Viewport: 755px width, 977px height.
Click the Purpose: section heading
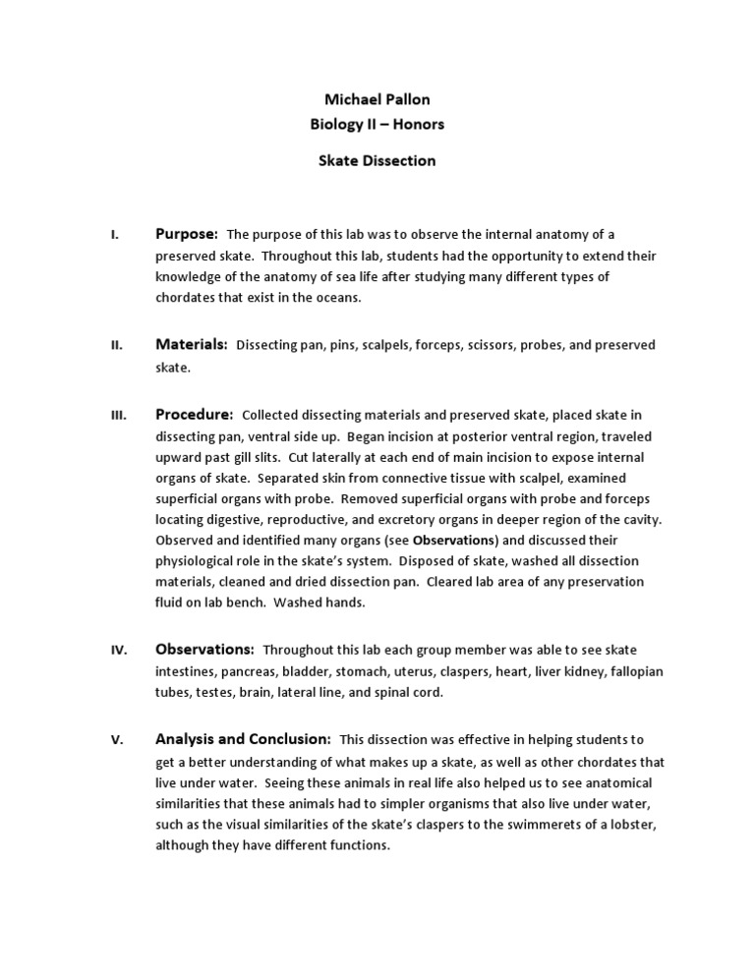(x=186, y=234)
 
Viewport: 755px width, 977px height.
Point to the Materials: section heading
(x=192, y=344)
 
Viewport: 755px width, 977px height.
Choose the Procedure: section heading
(x=194, y=414)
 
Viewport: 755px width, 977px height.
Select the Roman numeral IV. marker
(x=117, y=651)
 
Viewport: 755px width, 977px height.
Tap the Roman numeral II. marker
(x=115, y=345)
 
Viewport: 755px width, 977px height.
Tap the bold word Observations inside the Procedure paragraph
(x=455, y=541)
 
